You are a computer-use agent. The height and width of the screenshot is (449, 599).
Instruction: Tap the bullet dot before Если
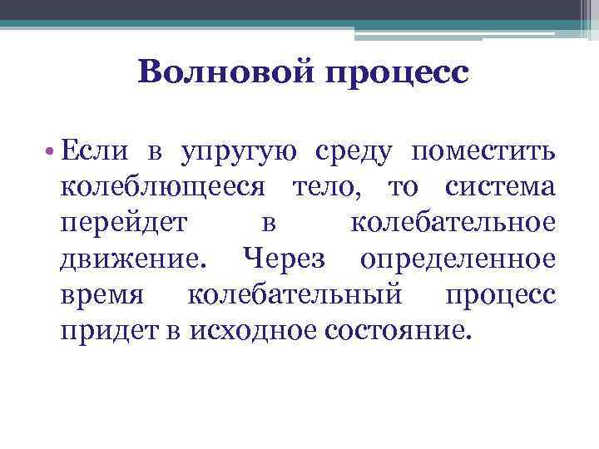[52, 151]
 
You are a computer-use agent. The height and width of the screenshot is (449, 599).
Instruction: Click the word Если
[90, 151]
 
